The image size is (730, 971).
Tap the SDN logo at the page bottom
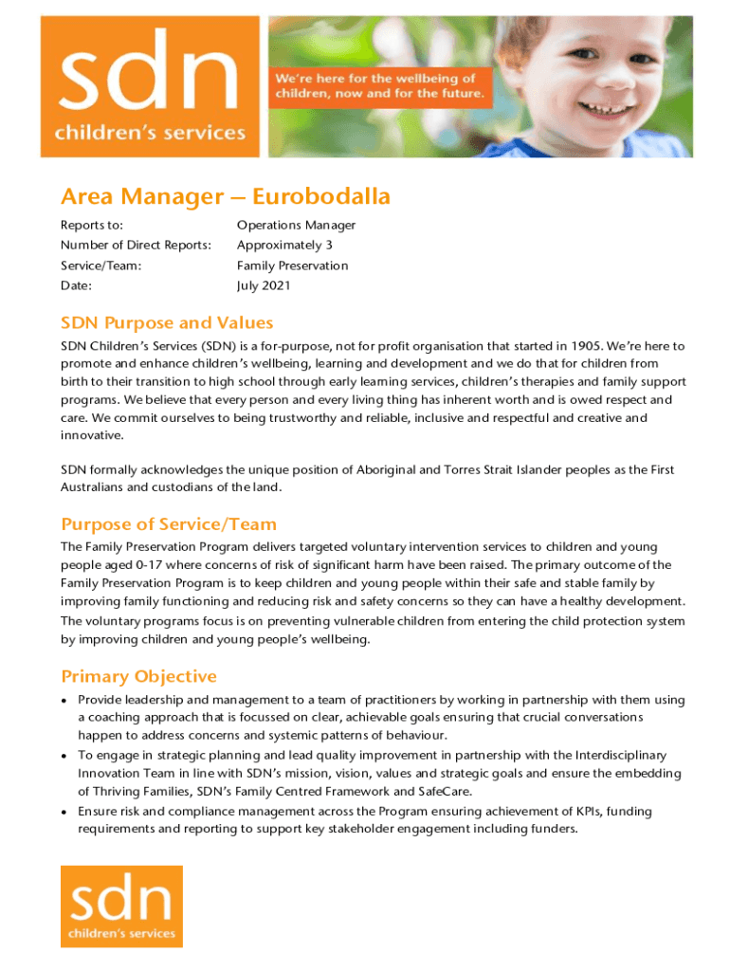click(x=121, y=906)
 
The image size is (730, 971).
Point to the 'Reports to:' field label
click(x=92, y=226)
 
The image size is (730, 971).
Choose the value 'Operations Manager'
click(x=296, y=226)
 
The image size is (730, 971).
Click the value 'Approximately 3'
click(x=284, y=246)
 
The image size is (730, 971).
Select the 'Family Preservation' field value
click(x=292, y=266)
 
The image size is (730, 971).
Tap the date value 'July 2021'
click(x=264, y=285)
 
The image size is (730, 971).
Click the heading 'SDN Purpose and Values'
click(x=167, y=323)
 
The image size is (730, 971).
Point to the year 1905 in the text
click(x=595, y=346)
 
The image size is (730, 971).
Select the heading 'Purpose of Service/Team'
click(x=169, y=524)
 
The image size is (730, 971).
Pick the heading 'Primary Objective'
click(x=138, y=676)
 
